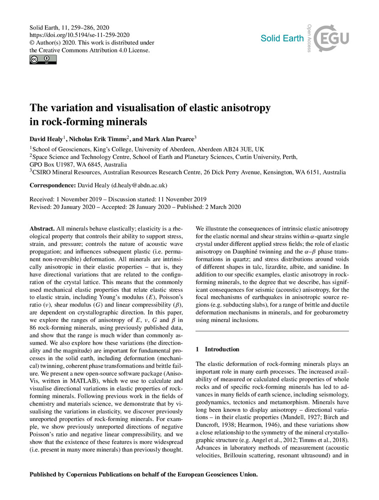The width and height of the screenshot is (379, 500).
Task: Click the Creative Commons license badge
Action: click(x=43, y=60)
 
